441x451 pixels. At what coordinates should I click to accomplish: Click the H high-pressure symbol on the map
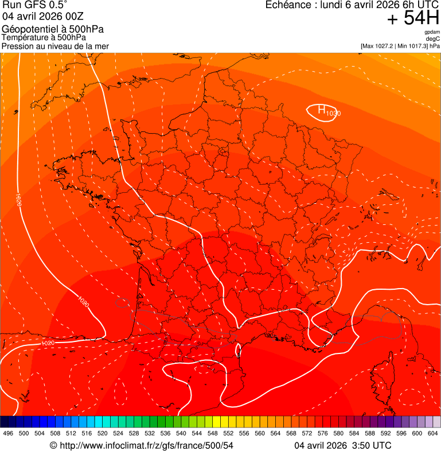322,109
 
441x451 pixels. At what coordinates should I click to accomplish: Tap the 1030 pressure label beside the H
333,114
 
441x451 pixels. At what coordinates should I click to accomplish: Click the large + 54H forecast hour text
413,18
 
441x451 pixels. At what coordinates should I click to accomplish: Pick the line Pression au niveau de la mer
55,46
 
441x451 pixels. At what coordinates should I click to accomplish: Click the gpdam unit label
432,32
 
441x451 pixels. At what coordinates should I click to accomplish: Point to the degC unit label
433,38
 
